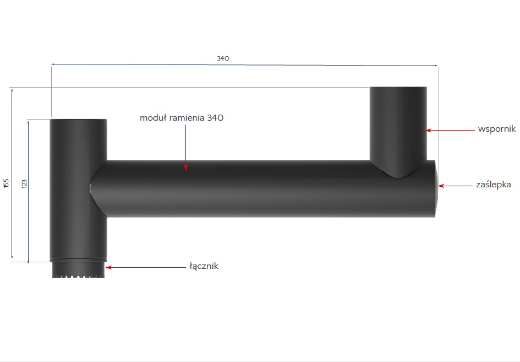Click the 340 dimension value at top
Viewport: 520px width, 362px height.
point(223,58)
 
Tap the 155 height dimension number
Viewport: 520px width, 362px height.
point(6,183)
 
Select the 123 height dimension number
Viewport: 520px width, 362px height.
point(24,183)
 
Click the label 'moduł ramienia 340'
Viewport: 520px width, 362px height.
point(182,118)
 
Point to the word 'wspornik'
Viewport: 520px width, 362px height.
point(496,129)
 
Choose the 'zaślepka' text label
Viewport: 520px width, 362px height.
point(494,185)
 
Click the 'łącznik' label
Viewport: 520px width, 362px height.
point(204,266)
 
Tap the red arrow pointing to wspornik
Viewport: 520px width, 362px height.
point(450,130)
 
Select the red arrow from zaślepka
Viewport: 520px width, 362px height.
point(455,186)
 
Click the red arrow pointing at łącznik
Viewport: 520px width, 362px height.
point(146,267)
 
